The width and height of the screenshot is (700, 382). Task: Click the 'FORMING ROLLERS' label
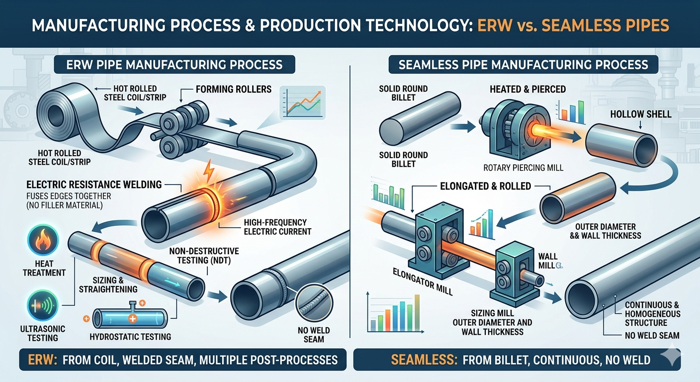pyautogui.click(x=234, y=90)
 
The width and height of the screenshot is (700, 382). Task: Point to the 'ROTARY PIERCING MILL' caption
pyautogui.click(x=523, y=168)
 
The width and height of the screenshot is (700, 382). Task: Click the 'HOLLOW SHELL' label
pyautogui.click(x=641, y=114)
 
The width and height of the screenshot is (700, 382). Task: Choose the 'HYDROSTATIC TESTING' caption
pyautogui.click(x=130, y=337)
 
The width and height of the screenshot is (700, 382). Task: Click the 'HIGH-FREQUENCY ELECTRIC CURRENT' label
pyautogui.click(x=277, y=227)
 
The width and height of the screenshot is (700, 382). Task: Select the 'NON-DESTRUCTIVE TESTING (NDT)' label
pyautogui.click(x=204, y=256)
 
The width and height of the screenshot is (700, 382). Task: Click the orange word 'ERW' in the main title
pyautogui.click(x=495, y=26)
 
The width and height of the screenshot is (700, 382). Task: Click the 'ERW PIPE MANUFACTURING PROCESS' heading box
pyautogui.click(x=175, y=65)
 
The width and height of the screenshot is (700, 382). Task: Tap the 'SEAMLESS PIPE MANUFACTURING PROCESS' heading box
pyautogui.click(x=524, y=65)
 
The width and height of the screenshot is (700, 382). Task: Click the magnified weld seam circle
pyautogui.click(x=314, y=303)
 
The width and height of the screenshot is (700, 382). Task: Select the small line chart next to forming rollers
pyautogui.click(x=302, y=103)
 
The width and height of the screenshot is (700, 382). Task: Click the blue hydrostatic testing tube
pyautogui.click(x=130, y=318)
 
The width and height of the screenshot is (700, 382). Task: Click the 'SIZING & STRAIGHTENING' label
pyautogui.click(x=108, y=285)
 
